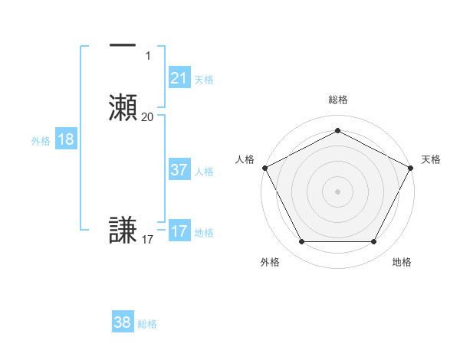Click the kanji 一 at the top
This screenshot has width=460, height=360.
click(x=123, y=46)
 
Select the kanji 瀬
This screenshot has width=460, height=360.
click(x=123, y=107)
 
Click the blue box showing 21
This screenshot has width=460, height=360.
click(x=179, y=77)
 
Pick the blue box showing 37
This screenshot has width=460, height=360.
click(x=179, y=170)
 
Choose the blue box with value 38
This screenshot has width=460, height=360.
click(x=123, y=322)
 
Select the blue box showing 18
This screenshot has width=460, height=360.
click(x=66, y=139)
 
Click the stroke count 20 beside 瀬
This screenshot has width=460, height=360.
click(x=147, y=117)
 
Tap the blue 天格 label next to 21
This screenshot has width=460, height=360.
click(x=204, y=79)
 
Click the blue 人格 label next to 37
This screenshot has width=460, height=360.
click(x=204, y=172)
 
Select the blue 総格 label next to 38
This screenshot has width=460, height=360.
click(x=147, y=324)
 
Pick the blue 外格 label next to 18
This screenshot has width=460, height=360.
click(x=41, y=141)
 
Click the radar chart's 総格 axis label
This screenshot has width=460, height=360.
click(x=337, y=100)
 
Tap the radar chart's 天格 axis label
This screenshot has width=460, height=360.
click(x=431, y=159)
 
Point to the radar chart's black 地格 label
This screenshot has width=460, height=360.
click(x=402, y=262)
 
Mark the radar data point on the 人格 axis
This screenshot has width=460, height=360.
click(x=264, y=167)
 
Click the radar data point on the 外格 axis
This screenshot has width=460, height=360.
click(x=301, y=242)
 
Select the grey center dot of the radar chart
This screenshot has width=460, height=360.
click(x=337, y=191)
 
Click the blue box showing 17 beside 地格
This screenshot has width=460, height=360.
click(x=179, y=231)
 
